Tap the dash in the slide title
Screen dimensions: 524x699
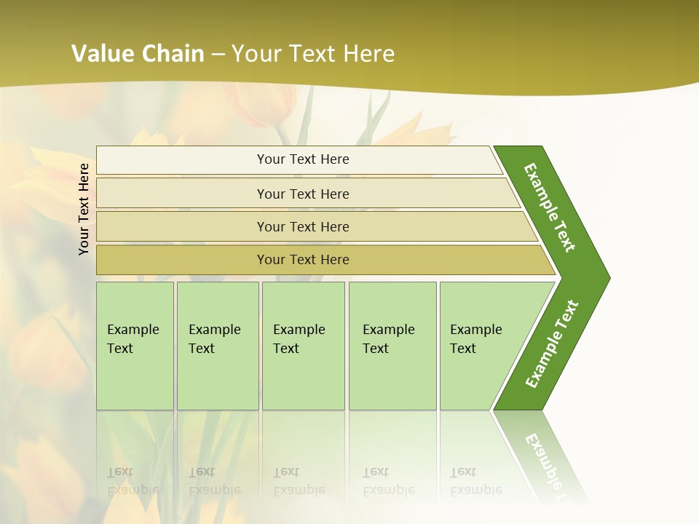point(218,55)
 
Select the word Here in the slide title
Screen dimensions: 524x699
point(368,54)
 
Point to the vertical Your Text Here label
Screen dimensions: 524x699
point(84,209)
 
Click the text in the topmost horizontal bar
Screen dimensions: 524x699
point(303,159)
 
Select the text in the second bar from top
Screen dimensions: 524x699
point(303,194)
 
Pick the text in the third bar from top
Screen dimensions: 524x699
point(303,226)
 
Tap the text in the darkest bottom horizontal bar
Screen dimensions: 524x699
point(303,260)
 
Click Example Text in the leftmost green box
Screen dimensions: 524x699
point(133,339)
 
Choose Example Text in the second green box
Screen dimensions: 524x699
point(214,339)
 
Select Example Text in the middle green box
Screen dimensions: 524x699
point(299,339)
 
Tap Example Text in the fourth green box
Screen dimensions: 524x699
point(388,339)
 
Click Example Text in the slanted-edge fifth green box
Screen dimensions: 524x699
point(475,339)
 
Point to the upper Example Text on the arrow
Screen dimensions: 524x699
point(550,207)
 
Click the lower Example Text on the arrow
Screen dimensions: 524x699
point(552,344)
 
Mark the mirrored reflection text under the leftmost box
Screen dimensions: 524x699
point(133,481)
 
